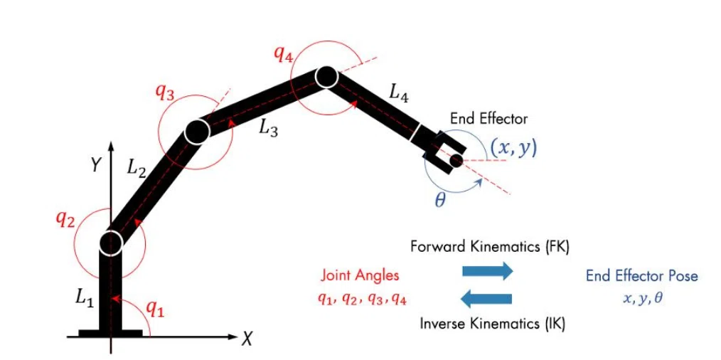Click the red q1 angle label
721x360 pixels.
click(156, 311)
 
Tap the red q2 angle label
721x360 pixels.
click(65, 220)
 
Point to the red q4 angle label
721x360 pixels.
click(283, 54)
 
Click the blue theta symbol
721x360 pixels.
click(440, 201)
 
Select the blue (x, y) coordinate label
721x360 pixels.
click(513, 148)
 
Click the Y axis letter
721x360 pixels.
click(95, 165)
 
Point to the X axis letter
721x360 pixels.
click(248, 339)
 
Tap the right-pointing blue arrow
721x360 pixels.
click(487, 271)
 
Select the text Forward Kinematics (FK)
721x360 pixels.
click(490, 247)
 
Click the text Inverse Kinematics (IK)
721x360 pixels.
click(493, 324)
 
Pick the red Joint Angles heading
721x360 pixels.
click(360, 276)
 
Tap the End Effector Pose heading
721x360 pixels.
click(642, 276)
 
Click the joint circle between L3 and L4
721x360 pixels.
click(326, 78)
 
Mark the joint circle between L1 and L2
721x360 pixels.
click(110, 242)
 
